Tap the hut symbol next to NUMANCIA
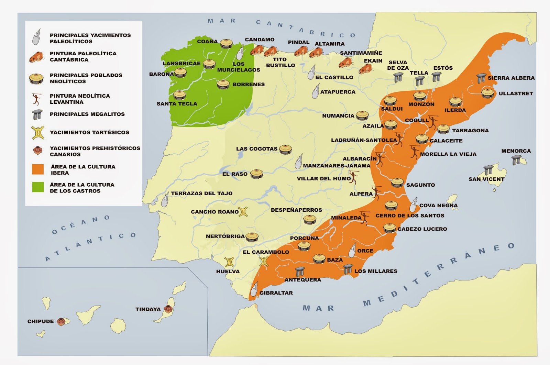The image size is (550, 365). pos(362,115)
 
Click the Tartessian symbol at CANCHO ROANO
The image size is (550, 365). pos(243,212)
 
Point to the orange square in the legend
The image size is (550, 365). pos(38,169)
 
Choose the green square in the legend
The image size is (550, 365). pos(38,187)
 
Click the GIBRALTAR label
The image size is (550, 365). pos(276,293)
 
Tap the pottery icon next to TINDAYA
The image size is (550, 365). pos(168,309)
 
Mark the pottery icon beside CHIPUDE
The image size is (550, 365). pos(61,322)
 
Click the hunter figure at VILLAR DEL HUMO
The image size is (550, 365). pos(354,177)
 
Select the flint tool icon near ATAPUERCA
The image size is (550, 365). pos(315,92)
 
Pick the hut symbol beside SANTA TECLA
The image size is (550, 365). pos(179,95)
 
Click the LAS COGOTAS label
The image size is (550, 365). pos(256,149)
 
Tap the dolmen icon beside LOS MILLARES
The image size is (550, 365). pos(348,269)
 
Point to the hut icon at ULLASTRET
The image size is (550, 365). pos(487,93)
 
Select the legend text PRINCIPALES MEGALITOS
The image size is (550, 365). pos(87,114)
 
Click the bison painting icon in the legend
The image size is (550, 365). pos(37,57)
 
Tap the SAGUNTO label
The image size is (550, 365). pos(420,185)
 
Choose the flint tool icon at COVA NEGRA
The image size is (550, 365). pos(414,204)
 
